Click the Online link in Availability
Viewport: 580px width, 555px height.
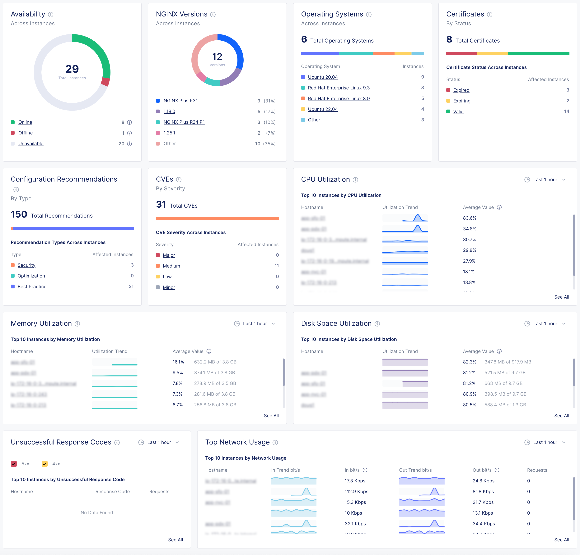(25, 122)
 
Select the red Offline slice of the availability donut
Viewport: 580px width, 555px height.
(105, 82)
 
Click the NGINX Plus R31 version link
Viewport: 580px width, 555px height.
(180, 101)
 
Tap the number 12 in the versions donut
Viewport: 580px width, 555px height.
(217, 56)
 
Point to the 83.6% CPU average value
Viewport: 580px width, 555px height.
(469, 218)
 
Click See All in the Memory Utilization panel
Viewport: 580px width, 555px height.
(271, 416)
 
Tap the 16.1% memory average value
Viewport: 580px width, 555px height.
(178, 362)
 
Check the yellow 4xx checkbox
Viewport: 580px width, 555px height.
(45, 464)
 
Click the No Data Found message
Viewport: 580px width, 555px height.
(97, 512)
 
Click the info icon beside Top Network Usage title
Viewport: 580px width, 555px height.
(275, 442)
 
